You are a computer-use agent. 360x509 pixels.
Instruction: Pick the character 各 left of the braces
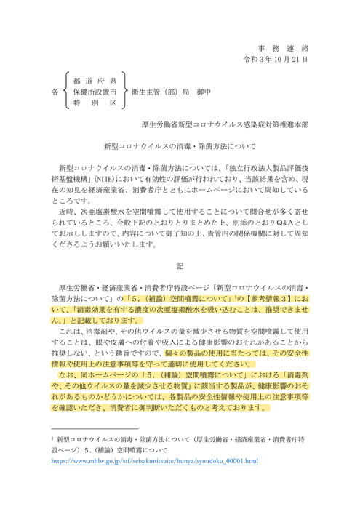click(55, 93)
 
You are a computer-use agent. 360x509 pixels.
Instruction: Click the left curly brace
click(68, 92)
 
